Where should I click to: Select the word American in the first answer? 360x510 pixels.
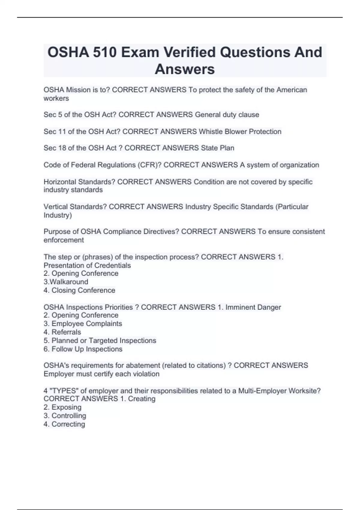click(x=292, y=90)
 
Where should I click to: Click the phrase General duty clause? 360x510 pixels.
click(x=227, y=115)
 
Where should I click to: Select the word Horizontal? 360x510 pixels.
click(x=60, y=182)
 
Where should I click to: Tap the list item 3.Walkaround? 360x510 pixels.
click(x=66, y=282)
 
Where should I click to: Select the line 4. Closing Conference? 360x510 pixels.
click(x=79, y=290)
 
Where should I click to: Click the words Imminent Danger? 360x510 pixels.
click(x=253, y=307)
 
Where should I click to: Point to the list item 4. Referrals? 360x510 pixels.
click(x=62, y=332)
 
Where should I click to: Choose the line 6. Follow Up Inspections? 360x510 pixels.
click(x=83, y=349)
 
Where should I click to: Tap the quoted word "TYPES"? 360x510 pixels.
click(x=64, y=391)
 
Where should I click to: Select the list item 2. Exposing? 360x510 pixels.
click(x=63, y=407)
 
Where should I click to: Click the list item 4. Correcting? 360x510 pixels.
click(x=64, y=424)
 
